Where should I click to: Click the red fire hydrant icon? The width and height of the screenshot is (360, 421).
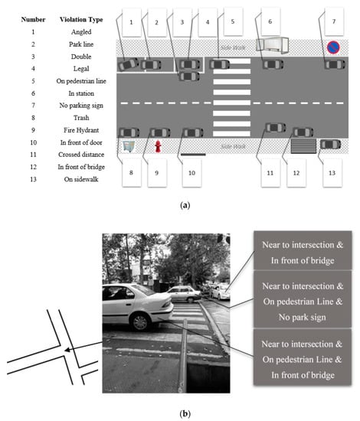(158, 147)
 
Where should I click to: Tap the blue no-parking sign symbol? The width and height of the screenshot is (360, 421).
(333, 47)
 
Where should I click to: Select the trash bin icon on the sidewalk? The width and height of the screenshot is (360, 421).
(129, 147)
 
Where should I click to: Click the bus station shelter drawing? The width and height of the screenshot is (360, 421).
(272, 44)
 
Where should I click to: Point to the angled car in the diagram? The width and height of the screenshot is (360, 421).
(128, 64)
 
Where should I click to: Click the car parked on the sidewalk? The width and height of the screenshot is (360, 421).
(330, 145)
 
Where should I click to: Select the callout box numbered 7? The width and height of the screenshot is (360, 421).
(334, 21)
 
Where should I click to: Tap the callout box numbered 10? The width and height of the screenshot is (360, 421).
(191, 173)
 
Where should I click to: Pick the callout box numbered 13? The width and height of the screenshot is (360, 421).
(332, 173)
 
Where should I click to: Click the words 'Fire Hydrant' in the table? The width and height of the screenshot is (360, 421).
(81, 130)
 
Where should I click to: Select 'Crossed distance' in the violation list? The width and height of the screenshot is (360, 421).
(81, 155)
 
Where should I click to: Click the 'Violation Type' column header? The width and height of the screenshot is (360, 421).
(81, 20)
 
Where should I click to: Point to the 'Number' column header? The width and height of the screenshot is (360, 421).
(33, 20)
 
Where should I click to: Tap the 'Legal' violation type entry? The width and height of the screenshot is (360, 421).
(81, 69)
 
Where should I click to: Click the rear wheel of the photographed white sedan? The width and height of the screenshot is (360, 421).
(139, 322)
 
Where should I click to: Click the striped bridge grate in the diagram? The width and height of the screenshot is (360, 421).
(303, 145)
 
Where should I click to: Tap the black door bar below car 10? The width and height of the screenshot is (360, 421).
(193, 155)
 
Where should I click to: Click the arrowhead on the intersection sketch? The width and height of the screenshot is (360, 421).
(67, 350)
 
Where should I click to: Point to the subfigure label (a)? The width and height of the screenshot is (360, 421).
(185, 206)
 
